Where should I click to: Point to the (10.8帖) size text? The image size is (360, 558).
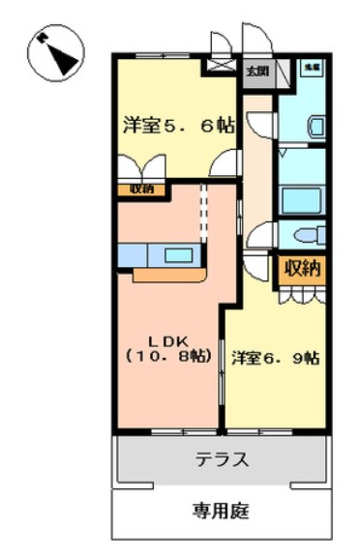[x=167, y=356]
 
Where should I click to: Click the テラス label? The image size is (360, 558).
[x=222, y=459]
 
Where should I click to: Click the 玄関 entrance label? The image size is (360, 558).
[x=256, y=70]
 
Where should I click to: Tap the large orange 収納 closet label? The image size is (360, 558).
[x=302, y=269]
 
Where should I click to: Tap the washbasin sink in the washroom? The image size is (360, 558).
[x=315, y=125]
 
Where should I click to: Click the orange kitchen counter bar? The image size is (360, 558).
[x=169, y=274]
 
